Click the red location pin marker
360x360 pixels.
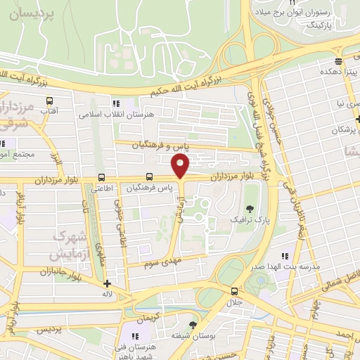pyautogui.click(x=181, y=166)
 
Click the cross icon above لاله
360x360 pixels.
pyautogui.click(x=107, y=285)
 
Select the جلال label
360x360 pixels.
pyautogui.click(x=233, y=302)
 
